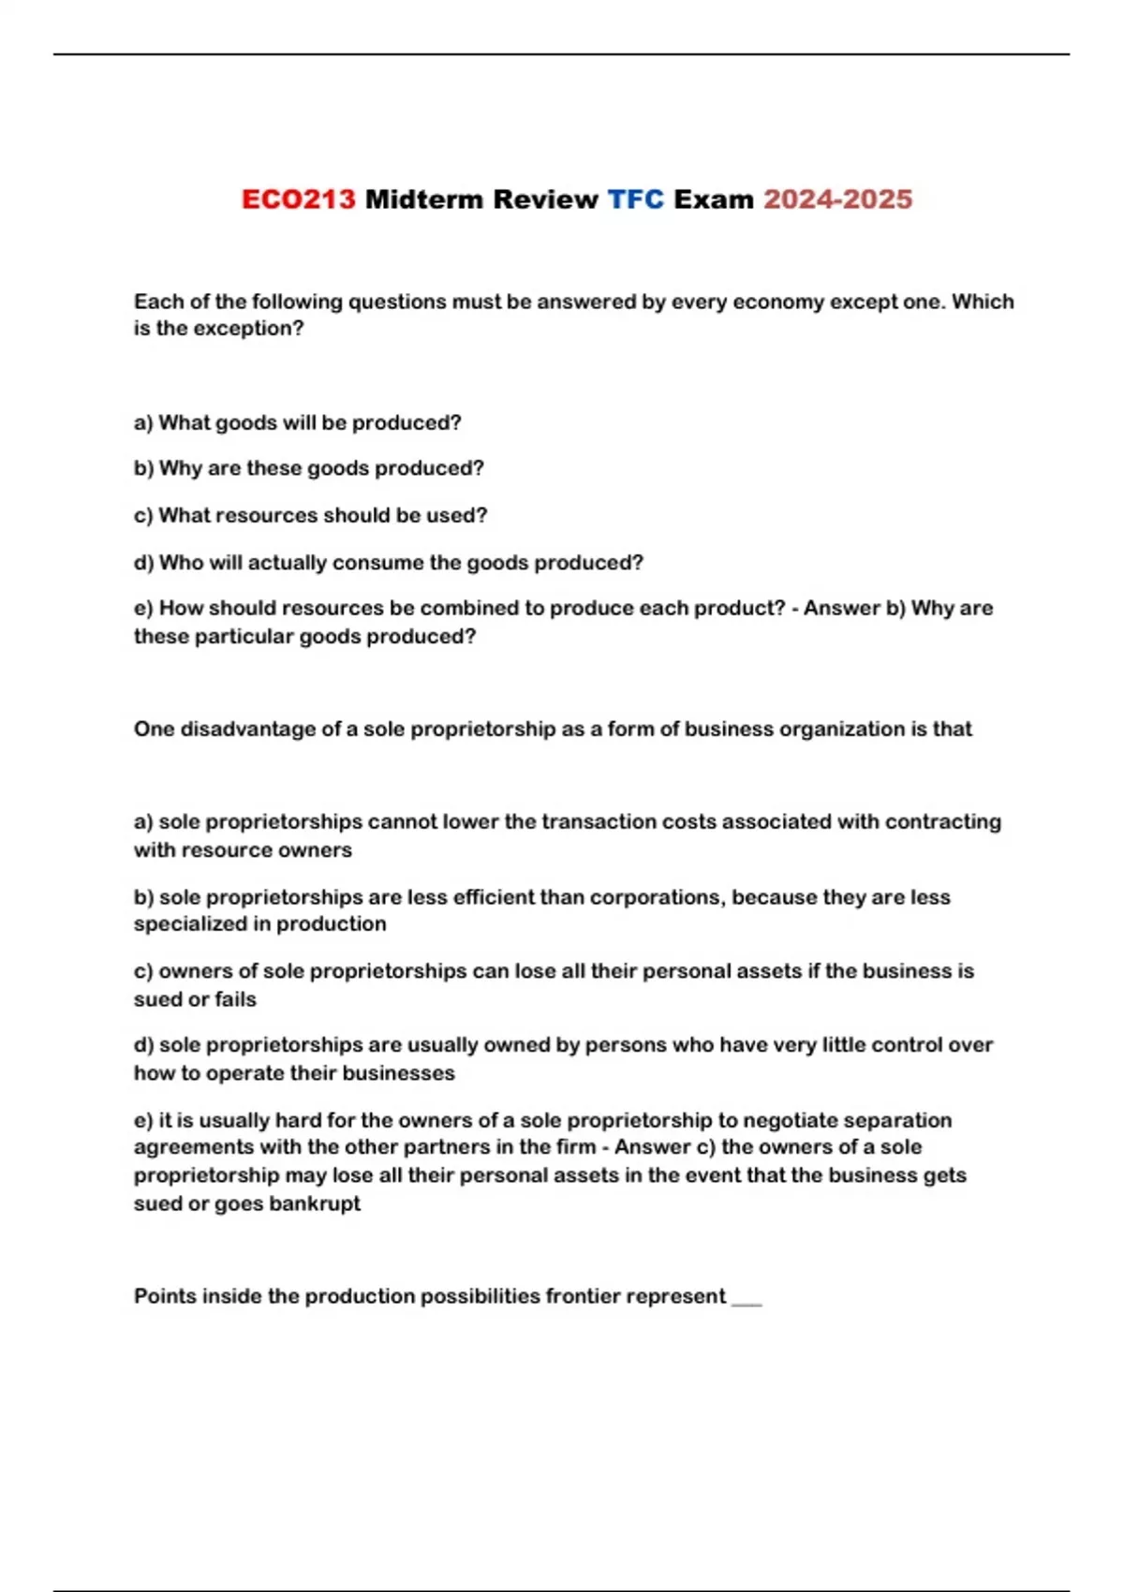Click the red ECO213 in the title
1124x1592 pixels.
298,199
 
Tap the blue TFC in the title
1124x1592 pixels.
635,199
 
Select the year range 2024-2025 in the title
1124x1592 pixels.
837,199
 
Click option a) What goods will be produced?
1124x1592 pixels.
298,422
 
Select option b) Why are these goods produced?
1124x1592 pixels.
308,468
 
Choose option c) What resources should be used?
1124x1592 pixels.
310,515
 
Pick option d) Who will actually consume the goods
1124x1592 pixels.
388,563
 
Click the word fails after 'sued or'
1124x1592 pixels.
234,999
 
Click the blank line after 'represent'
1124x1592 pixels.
747,1300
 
